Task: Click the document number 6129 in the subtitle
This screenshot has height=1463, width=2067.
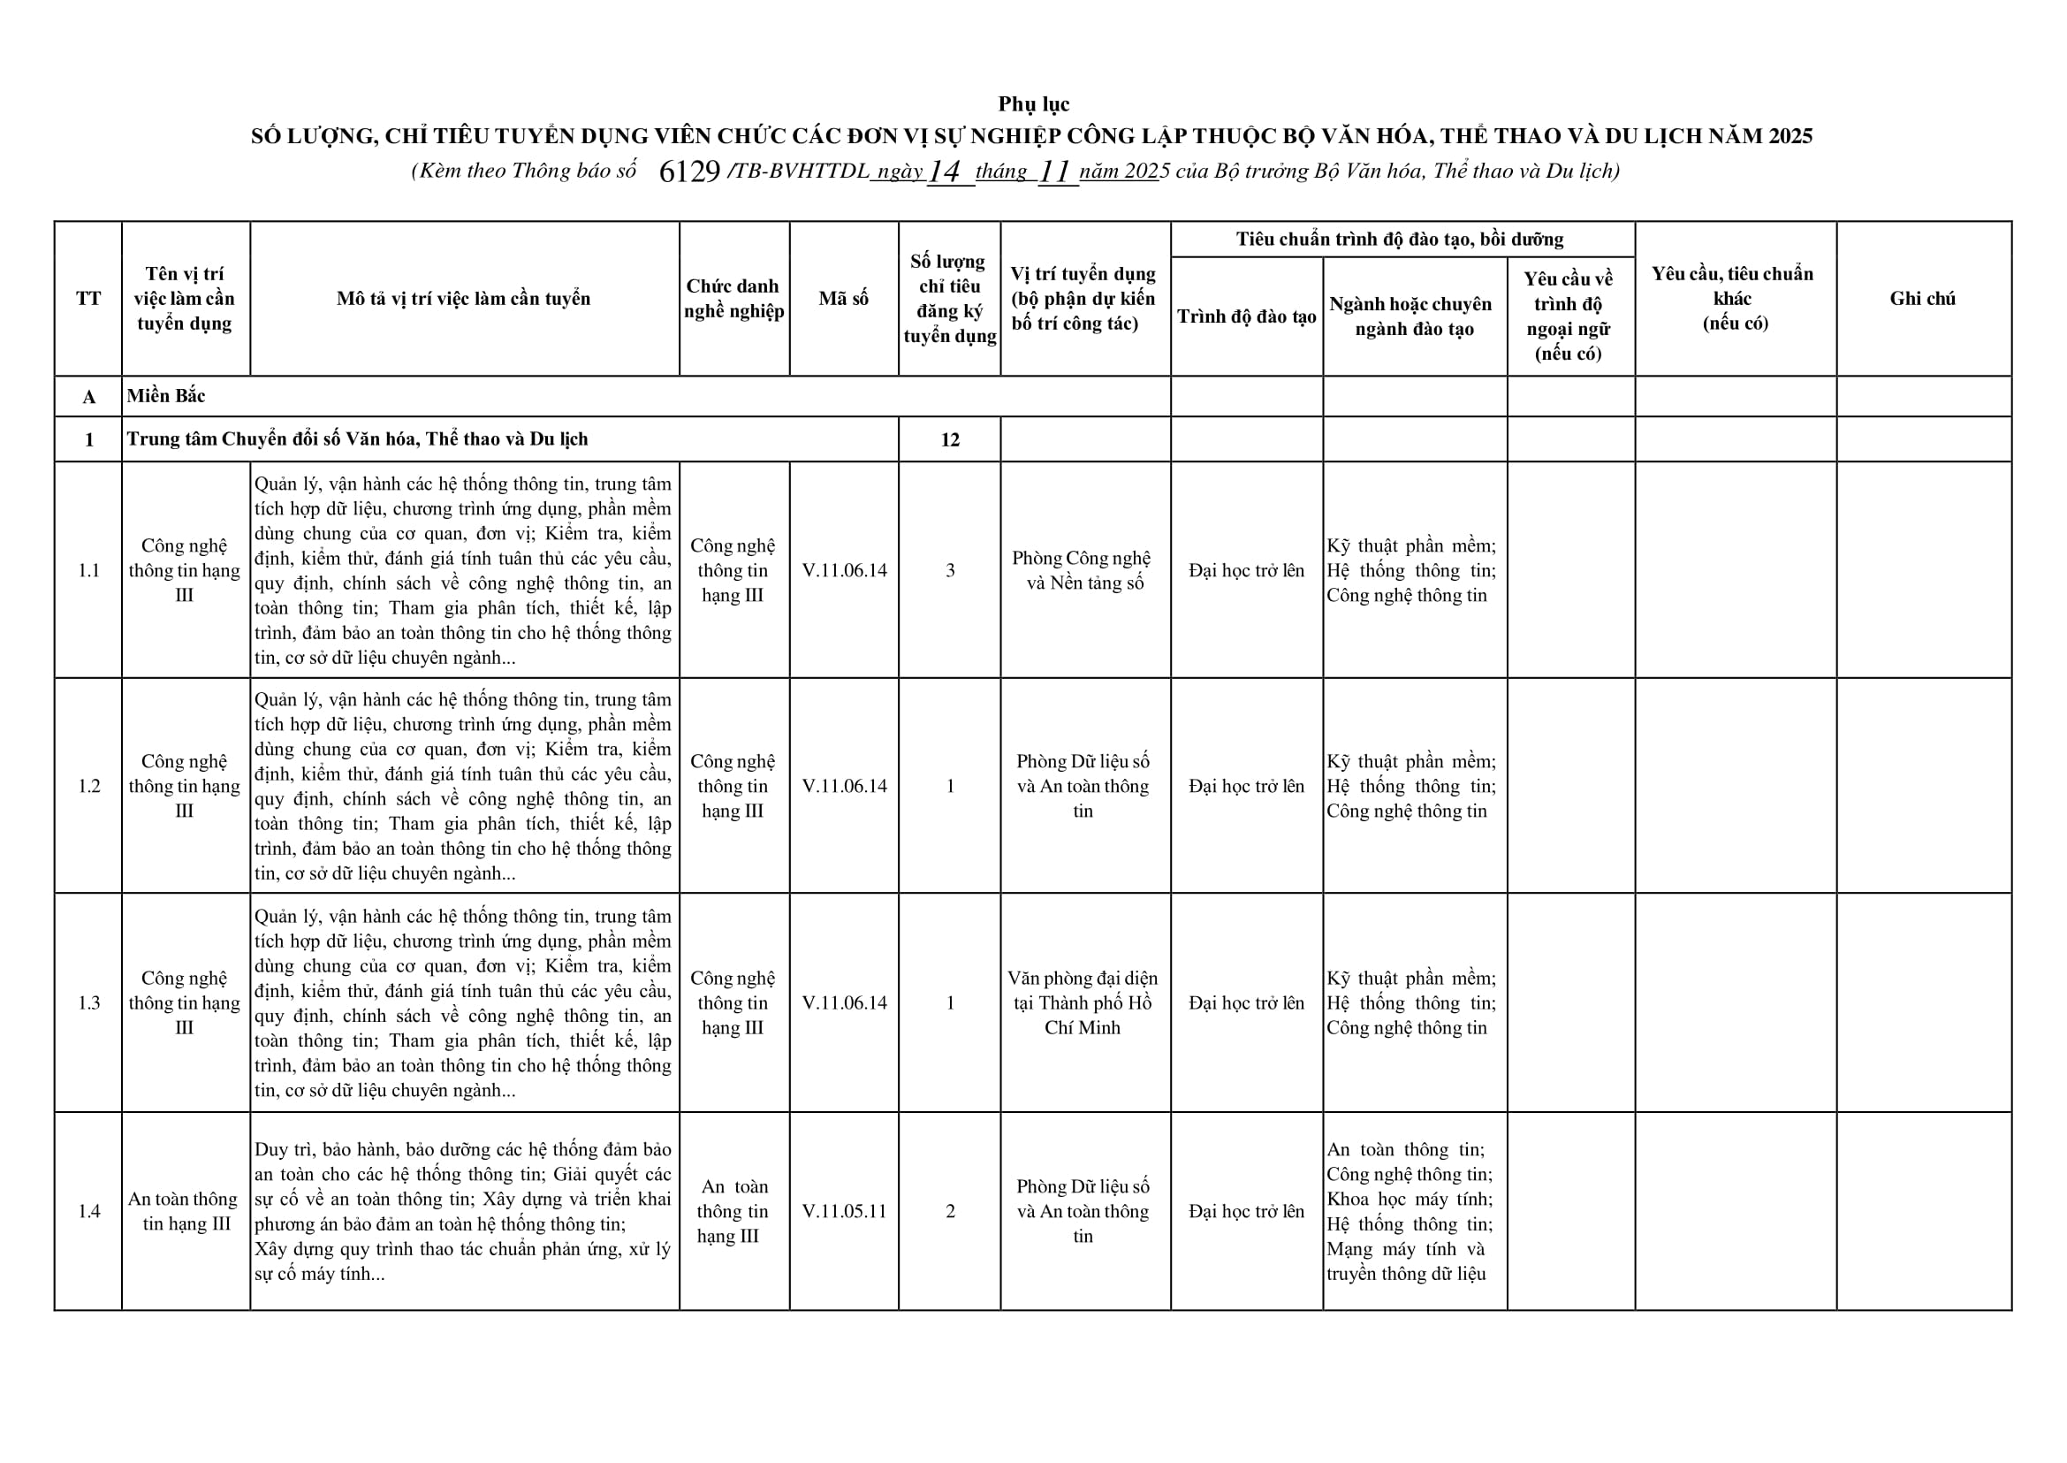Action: click(x=689, y=171)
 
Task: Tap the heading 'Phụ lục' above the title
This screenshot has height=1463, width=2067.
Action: click(x=1033, y=103)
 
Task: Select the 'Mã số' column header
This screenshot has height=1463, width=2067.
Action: click(x=843, y=298)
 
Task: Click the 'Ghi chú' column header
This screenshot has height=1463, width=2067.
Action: click(x=1922, y=298)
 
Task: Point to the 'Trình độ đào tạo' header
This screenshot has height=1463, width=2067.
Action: click(x=1246, y=316)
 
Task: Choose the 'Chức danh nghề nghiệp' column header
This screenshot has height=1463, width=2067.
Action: click(x=733, y=298)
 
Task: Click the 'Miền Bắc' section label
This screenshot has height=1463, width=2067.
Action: click(x=166, y=395)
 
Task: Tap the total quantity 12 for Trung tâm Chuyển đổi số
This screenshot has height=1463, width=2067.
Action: click(x=949, y=439)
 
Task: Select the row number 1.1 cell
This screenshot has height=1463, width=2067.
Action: click(x=88, y=570)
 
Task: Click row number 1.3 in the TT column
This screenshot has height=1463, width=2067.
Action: click(x=88, y=1002)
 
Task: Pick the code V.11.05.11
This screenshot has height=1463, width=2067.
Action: click(x=844, y=1211)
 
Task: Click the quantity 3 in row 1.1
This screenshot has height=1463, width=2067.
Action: click(x=949, y=570)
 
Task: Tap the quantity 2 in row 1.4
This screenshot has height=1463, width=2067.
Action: click(x=949, y=1211)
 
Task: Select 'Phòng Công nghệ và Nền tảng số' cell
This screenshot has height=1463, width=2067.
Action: click(x=1083, y=570)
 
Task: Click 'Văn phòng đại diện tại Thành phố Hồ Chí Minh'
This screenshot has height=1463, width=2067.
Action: click(x=1083, y=1002)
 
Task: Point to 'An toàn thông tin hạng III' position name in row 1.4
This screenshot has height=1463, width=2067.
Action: click(x=184, y=1211)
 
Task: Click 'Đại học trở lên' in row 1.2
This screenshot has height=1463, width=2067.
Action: click(x=1246, y=786)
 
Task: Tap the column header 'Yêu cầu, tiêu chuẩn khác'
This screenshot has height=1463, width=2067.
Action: click(x=1733, y=298)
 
